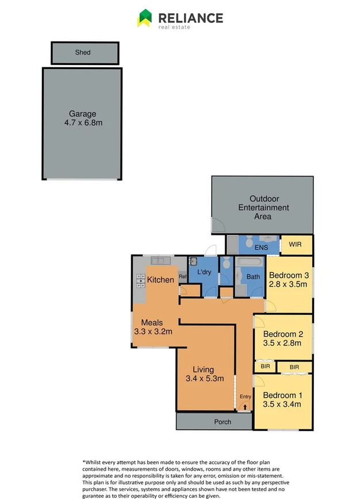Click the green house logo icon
(x=144, y=18)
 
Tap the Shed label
(x=83, y=52)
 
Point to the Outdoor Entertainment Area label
(x=263, y=207)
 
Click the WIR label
(x=295, y=245)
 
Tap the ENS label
(x=261, y=247)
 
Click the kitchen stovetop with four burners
(x=141, y=280)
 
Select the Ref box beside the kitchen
(x=182, y=277)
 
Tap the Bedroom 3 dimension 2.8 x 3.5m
(x=289, y=284)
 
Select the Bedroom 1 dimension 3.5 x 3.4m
(x=282, y=405)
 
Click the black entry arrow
(x=246, y=407)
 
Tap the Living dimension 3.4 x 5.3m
(x=204, y=379)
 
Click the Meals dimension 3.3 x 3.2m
(x=153, y=332)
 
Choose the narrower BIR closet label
(x=264, y=366)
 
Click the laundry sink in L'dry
(x=193, y=261)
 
